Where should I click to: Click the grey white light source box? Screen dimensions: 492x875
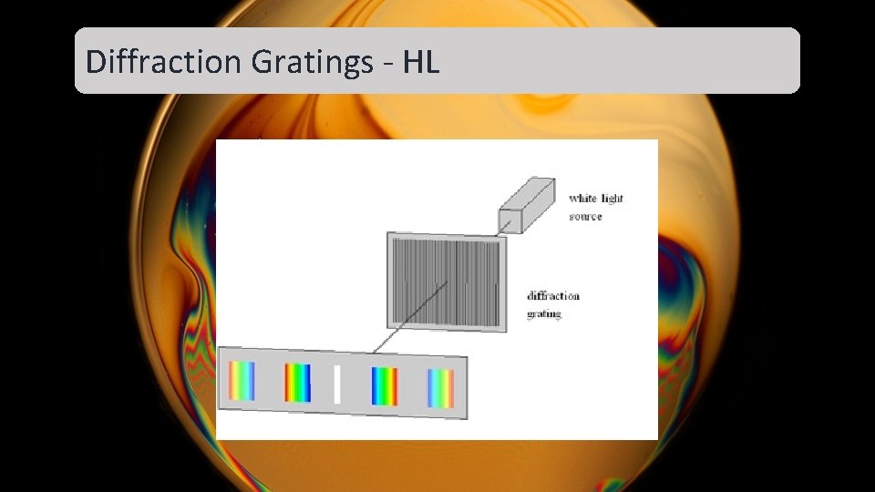click(527, 203)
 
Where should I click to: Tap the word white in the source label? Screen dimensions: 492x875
click(584, 198)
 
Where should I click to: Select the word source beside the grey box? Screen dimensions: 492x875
click(586, 217)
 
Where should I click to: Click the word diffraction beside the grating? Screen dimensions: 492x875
click(553, 296)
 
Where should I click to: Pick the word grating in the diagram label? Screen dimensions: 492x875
click(544, 314)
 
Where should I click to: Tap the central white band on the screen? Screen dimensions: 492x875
click(336, 384)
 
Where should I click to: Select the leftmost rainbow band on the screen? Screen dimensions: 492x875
click(242, 382)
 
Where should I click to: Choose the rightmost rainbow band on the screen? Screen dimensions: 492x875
click(440, 388)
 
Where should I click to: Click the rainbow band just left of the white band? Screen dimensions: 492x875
click(297, 383)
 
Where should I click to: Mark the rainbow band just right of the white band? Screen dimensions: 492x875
click(385, 386)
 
